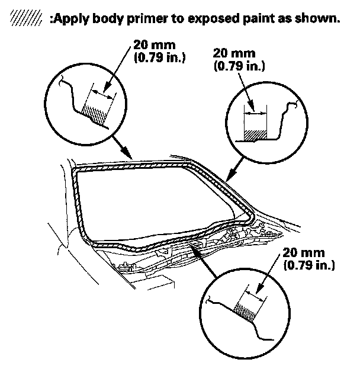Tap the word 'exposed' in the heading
[223, 18]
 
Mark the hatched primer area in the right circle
[255, 134]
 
